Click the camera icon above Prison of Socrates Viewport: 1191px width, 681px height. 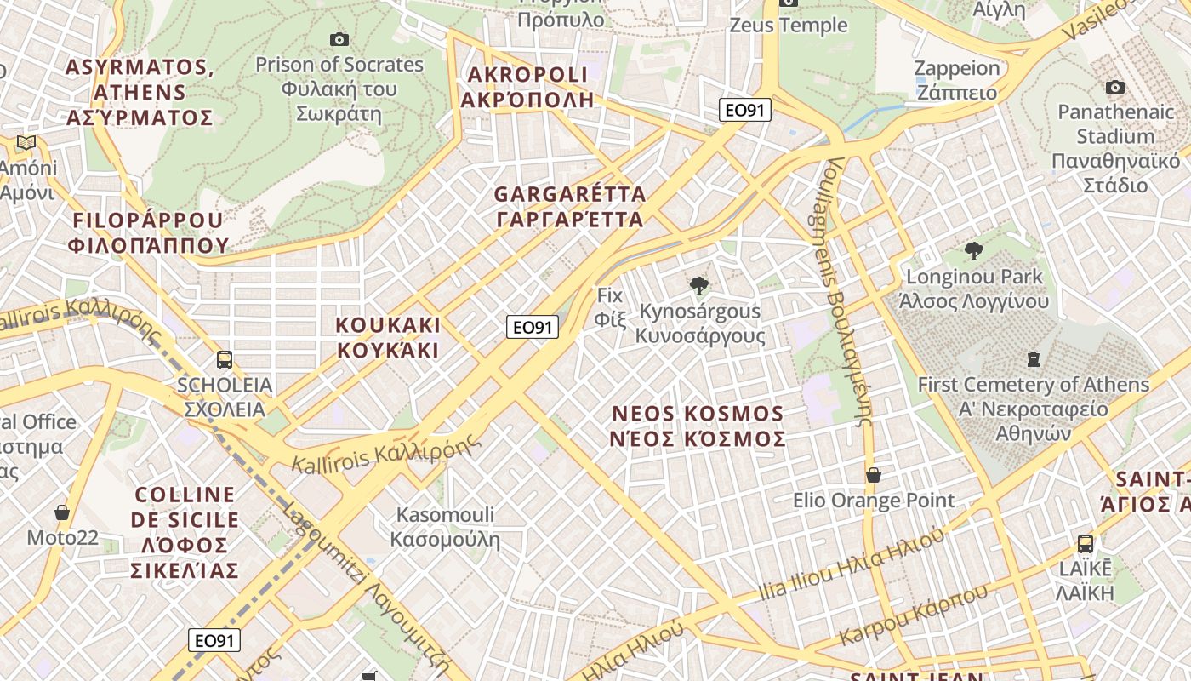click(339, 39)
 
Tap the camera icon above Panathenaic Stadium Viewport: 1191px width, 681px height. click(1115, 88)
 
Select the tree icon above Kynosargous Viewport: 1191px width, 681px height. click(699, 286)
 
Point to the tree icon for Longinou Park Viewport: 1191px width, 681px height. click(974, 251)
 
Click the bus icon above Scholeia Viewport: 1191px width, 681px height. click(225, 360)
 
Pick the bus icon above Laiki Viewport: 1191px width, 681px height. click(1086, 543)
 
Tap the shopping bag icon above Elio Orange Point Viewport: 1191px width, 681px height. click(874, 475)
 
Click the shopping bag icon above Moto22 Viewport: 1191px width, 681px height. click(62, 512)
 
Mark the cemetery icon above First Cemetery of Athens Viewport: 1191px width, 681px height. click(1034, 359)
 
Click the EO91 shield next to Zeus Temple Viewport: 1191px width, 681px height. click(744, 110)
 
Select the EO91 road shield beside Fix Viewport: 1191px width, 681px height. click(533, 327)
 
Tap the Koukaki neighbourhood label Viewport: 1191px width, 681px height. click(388, 338)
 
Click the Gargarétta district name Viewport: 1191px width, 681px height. click(570, 207)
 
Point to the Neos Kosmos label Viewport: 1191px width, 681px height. click(698, 426)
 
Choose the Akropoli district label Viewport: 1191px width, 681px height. click(527, 87)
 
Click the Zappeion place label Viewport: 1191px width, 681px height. click(956, 80)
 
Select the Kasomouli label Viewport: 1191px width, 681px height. click(445, 527)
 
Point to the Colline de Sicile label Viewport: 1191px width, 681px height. click(185, 532)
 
